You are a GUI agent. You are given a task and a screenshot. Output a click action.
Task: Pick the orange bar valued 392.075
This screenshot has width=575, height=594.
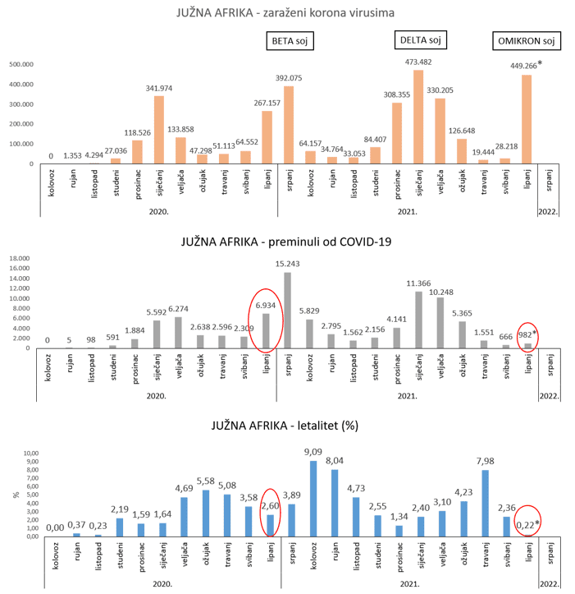pyautogui.click(x=288, y=125)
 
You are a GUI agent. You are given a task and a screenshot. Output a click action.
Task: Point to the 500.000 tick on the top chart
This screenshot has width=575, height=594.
pyautogui.click(x=21, y=64)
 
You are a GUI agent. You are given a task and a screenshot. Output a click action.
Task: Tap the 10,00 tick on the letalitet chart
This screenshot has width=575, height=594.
pyautogui.click(x=30, y=453)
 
